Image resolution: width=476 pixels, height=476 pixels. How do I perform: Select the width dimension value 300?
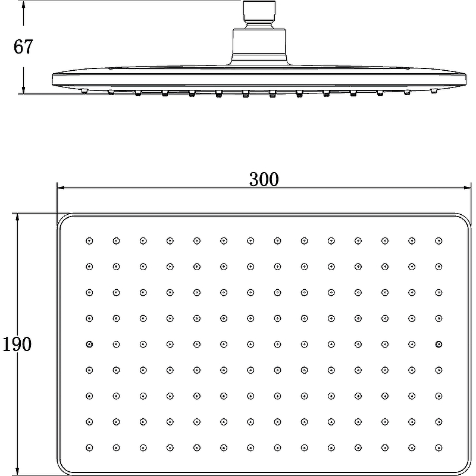tap(264, 178)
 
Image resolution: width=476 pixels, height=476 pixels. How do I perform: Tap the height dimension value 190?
tap(16, 343)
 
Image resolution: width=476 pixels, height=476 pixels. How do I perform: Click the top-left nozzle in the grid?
tap(89, 241)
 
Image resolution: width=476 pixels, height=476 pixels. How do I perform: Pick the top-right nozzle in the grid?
tap(439, 241)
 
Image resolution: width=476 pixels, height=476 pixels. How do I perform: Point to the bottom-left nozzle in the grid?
tap(89, 447)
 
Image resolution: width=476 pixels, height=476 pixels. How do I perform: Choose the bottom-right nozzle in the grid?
tap(439, 447)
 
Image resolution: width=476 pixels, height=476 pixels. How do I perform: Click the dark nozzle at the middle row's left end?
tap(89, 344)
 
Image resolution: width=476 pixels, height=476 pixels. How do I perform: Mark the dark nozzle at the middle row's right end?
tap(439, 344)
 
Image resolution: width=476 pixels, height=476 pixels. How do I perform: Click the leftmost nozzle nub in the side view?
tap(84, 91)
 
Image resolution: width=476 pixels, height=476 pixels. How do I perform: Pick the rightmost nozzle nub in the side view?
tap(434, 91)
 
